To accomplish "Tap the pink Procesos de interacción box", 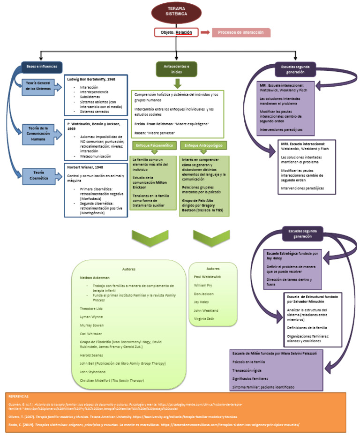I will pyautogui.click(x=241, y=32).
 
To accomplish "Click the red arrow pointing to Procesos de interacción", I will pyautogui.click(x=205, y=32).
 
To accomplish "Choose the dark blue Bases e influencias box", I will pyautogui.click(x=42, y=67).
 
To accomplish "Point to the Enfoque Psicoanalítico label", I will pyautogui.click(x=154, y=146).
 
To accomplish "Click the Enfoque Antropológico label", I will pyautogui.click(x=203, y=146).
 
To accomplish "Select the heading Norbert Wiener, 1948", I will pyautogui.click(x=85, y=167).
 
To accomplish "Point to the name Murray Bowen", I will pyautogui.click(x=91, y=325).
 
